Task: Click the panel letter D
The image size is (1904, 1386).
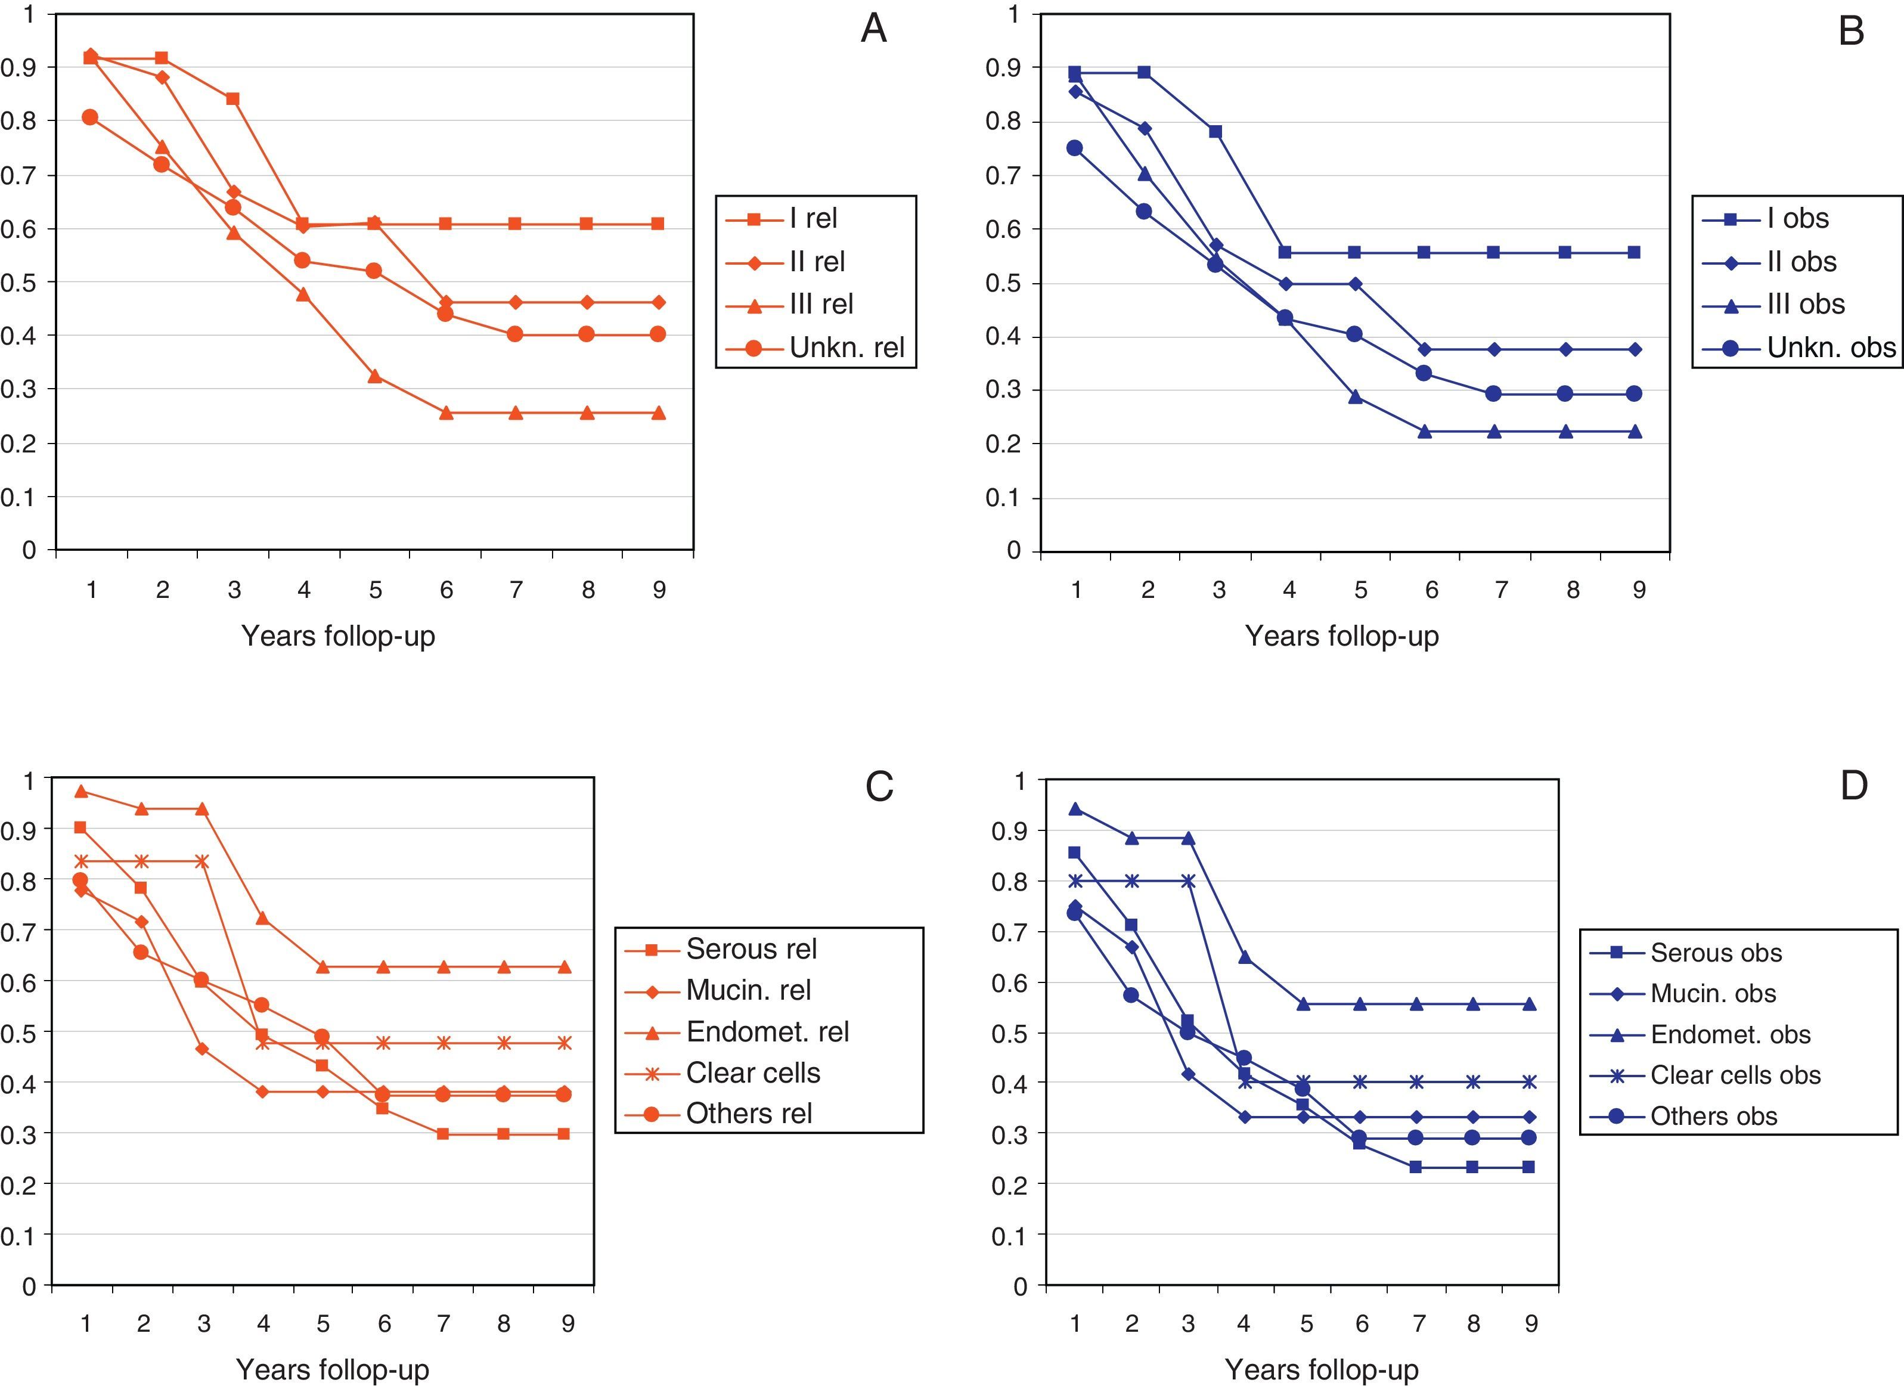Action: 1854,786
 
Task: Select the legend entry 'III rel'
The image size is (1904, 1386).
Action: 820,304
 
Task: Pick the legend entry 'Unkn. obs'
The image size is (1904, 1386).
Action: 1831,348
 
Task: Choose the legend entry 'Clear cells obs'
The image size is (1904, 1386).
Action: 1735,1075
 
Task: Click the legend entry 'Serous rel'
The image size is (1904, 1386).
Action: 751,948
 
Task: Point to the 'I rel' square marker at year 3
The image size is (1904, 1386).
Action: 232,99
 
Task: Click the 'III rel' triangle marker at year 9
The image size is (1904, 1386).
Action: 659,413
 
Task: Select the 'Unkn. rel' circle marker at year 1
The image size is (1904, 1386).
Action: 90,117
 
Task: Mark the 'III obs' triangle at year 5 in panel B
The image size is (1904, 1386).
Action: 1355,397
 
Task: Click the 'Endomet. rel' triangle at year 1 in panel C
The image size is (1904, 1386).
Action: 80,791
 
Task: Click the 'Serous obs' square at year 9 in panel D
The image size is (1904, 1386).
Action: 1528,1167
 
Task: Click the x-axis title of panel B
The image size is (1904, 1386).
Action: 1341,635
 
